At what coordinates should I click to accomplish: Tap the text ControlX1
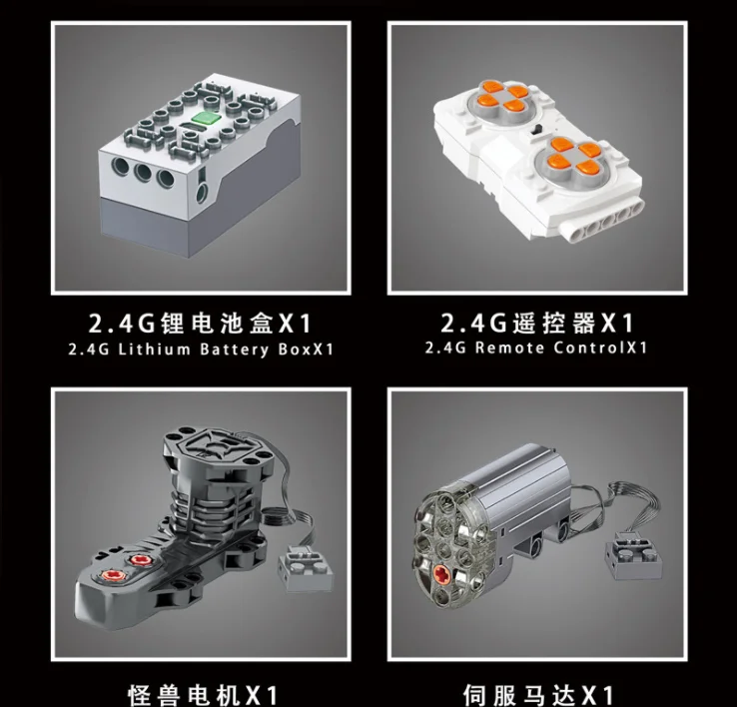(x=600, y=349)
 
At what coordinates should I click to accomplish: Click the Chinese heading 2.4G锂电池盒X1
(x=200, y=324)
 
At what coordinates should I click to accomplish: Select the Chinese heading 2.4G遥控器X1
(x=537, y=324)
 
